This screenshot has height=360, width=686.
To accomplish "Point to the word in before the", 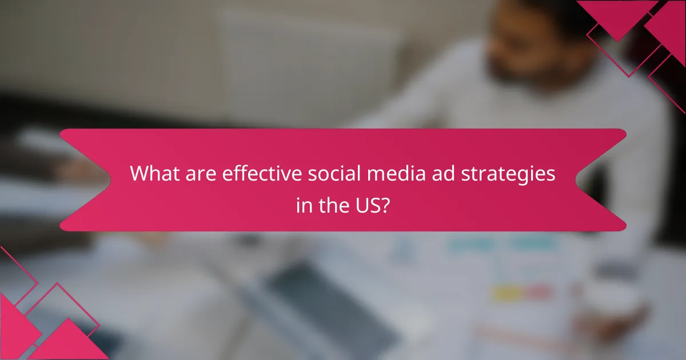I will [303, 204].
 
